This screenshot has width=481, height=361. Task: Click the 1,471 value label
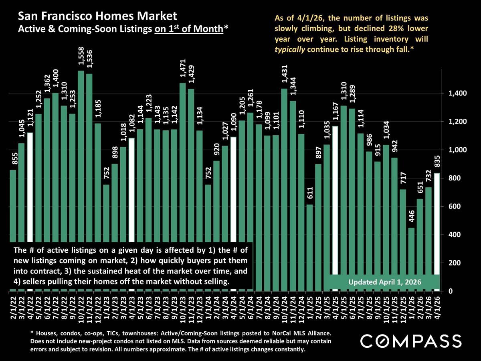183,71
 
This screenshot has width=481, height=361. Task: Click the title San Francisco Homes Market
97,16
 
